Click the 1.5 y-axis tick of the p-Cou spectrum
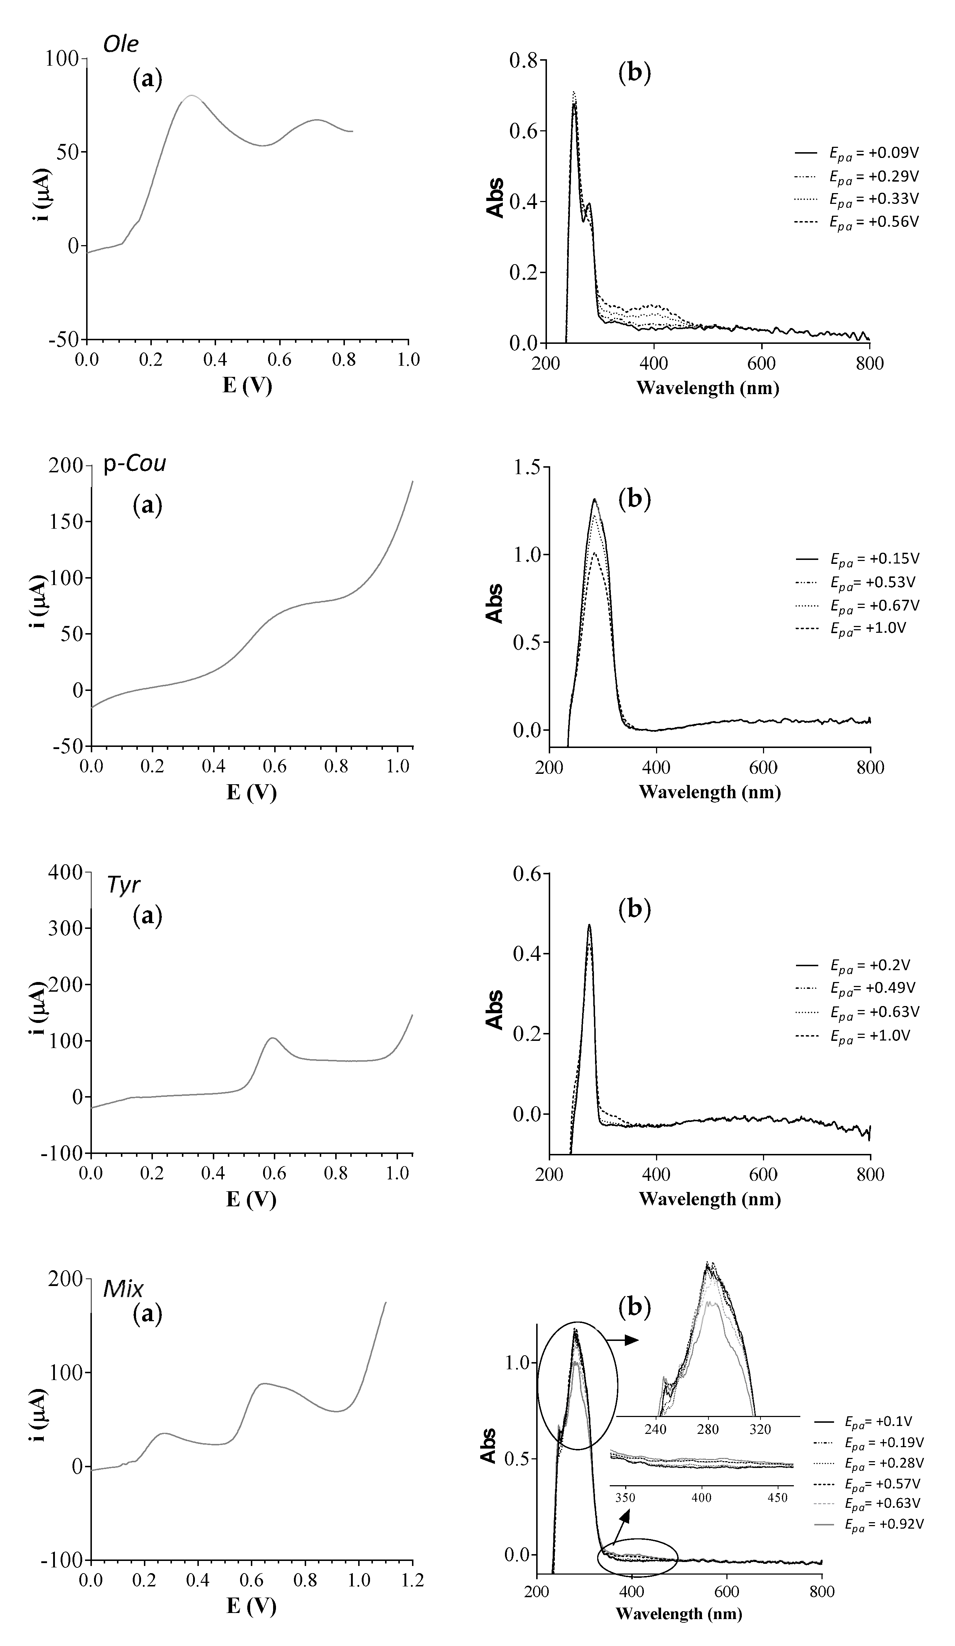526,468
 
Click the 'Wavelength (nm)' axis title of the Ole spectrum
707,388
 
